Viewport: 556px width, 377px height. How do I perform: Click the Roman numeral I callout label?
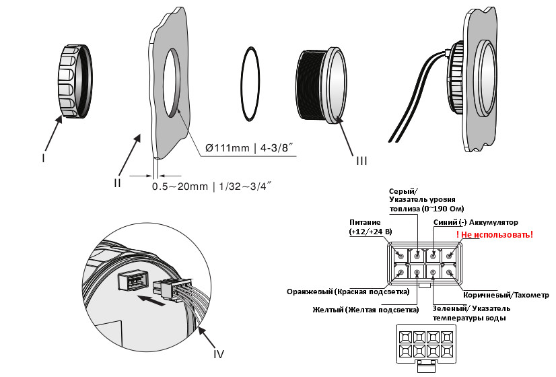pyautogui.click(x=43, y=158)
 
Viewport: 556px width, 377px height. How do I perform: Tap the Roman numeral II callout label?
pyautogui.click(x=117, y=182)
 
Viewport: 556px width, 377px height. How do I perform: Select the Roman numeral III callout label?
pyautogui.click(x=361, y=161)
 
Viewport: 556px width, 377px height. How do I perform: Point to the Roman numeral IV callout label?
pyautogui.click(x=219, y=353)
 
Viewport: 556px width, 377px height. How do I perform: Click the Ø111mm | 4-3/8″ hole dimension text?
pyautogui.click(x=250, y=147)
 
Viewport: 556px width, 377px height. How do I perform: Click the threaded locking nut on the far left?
pyautogui.click(x=75, y=81)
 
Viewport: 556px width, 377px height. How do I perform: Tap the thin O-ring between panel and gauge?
pyautogui.click(x=250, y=83)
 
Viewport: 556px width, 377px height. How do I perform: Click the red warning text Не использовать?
pyautogui.click(x=495, y=234)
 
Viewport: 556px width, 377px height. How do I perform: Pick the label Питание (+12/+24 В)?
pyautogui.click(x=370, y=227)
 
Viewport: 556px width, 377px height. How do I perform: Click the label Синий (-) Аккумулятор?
pyautogui.click(x=475, y=222)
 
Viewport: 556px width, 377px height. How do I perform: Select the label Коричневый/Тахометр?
pyautogui.click(x=506, y=295)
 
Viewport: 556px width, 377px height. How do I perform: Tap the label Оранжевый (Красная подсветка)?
pyautogui.click(x=348, y=292)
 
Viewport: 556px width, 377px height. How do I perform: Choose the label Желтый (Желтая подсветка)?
pyautogui.click(x=366, y=310)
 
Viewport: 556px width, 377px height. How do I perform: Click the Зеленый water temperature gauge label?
pyautogui.click(x=471, y=313)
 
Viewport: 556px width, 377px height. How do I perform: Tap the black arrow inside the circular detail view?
pyautogui.click(x=151, y=300)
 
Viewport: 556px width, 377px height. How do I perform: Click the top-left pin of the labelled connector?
pyautogui.click(x=401, y=255)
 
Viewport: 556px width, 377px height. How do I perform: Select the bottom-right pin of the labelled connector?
pyautogui.click(x=449, y=273)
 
